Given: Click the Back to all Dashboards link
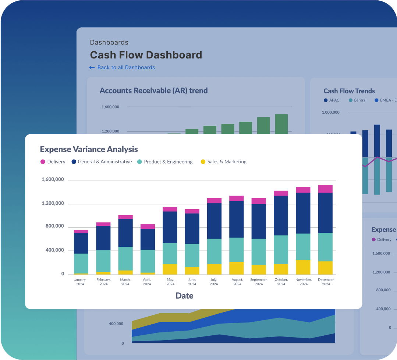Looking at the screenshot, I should (122, 68).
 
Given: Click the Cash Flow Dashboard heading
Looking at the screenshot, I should (146, 55).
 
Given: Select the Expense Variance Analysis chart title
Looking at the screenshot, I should (89, 149).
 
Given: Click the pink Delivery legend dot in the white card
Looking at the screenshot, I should (43, 162).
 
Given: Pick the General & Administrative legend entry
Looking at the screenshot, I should (101, 162).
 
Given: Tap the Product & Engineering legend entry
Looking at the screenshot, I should (165, 162).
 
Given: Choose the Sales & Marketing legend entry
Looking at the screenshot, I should (223, 162).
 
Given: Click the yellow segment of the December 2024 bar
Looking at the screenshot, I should (325, 268).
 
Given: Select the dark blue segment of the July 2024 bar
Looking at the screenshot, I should (214, 221).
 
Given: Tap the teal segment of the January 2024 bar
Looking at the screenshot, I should (81, 263).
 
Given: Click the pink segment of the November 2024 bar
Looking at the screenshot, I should (303, 190).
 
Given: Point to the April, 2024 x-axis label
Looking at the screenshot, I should (147, 282).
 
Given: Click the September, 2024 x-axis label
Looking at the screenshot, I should (259, 282).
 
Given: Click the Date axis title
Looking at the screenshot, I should (184, 296).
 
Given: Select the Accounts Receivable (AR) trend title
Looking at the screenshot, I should (153, 90).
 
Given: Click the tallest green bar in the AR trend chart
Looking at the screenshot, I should (281, 124).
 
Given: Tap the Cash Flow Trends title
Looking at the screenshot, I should (349, 91).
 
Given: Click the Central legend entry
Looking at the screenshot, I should (357, 100).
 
